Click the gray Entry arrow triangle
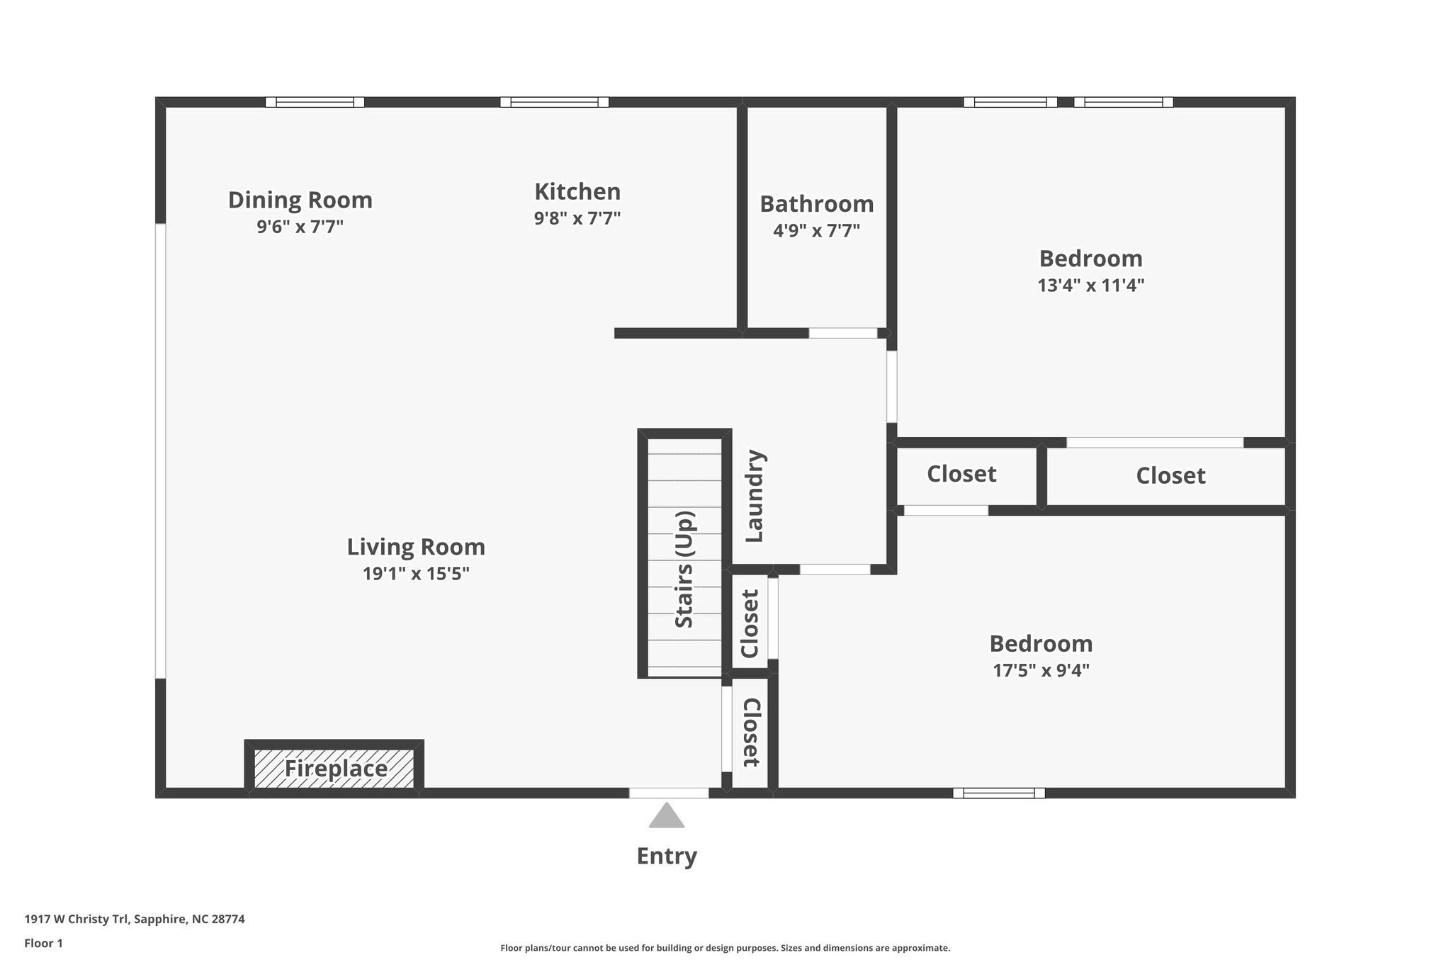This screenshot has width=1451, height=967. click(x=666, y=817)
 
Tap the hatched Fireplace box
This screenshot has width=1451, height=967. click(x=334, y=768)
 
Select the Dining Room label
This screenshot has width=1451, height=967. click(x=300, y=200)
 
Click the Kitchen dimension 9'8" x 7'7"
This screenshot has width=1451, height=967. click(x=577, y=218)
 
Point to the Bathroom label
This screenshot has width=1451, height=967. click(x=816, y=204)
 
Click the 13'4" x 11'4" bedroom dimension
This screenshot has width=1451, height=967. click(x=1090, y=285)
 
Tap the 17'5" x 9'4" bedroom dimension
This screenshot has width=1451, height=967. click(x=1040, y=670)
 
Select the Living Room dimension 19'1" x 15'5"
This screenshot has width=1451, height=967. click(x=416, y=573)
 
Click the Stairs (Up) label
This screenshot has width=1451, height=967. click(x=684, y=569)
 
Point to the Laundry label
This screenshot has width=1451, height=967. click(x=754, y=496)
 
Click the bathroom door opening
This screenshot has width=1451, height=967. click(x=842, y=333)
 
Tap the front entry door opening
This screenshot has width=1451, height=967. click(x=668, y=793)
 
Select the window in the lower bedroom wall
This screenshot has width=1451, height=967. click(x=998, y=793)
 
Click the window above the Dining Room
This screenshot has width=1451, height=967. click(x=315, y=102)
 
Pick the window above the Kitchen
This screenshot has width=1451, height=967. click(x=554, y=102)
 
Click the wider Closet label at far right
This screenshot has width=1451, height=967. click(x=1170, y=475)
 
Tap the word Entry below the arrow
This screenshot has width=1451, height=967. click(x=666, y=856)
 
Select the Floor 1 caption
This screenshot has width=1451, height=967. click(x=43, y=943)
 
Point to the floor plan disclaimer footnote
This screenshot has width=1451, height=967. click(x=725, y=948)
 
